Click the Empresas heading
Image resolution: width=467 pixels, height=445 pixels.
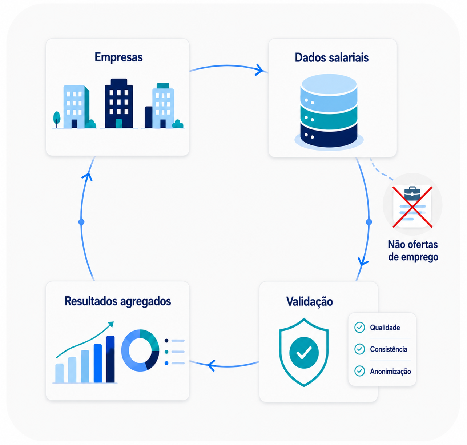(118, 57)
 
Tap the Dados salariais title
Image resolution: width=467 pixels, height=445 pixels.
(331, 57)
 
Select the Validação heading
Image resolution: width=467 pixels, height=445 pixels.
(310, 302)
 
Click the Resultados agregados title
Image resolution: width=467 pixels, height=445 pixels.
(118, 301)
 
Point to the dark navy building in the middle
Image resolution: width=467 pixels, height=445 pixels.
(119, 103)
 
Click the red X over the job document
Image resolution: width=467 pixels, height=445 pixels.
(412, 207)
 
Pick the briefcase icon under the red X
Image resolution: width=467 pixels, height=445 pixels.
(412, 193)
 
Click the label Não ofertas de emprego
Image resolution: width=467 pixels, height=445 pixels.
(413, 251)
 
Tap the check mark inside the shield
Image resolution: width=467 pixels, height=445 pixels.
(304, 353)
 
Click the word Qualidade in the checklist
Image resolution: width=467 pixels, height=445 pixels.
(385, 328)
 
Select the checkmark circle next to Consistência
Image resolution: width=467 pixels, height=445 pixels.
(360, 349)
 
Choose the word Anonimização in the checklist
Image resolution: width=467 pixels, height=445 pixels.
(390, 372)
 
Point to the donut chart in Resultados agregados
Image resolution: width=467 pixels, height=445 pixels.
(140, 350)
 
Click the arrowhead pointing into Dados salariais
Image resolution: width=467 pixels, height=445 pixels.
(259, 70)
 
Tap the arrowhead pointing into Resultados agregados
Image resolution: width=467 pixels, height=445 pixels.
(211, 365)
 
